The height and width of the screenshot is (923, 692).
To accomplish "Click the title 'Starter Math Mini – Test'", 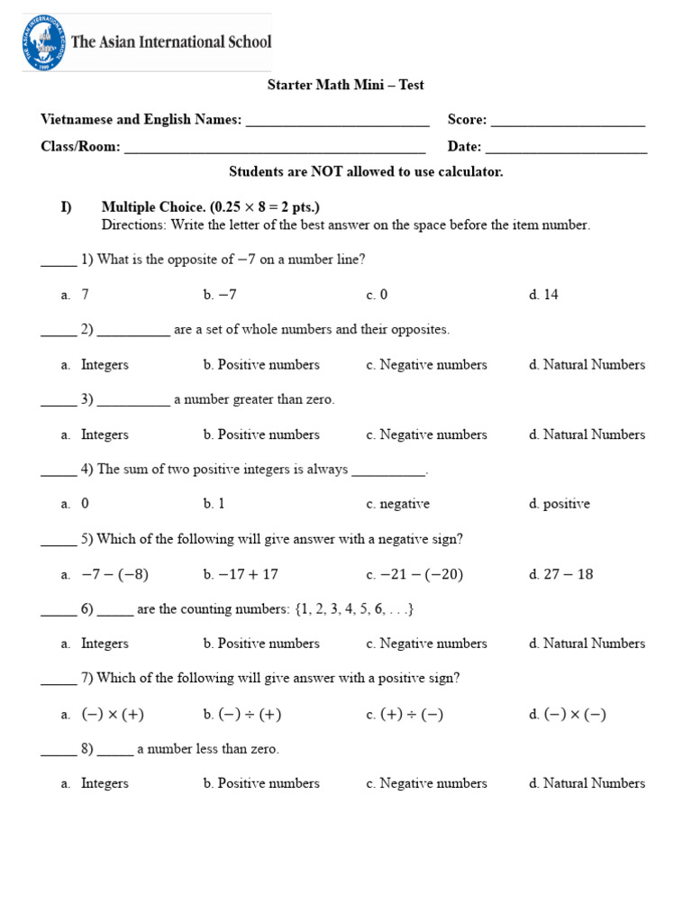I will point(346,85).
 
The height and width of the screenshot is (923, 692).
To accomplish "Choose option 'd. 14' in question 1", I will point(544,295).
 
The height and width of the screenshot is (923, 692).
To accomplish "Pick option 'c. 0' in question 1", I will point(377,295).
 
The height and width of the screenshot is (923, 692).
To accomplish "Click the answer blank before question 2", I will point(59,331).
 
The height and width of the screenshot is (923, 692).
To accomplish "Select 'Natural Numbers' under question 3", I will point(594,434).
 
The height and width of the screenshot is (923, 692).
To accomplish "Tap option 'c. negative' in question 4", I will point(397,504).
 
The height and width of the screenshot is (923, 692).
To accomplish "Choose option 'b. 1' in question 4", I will point(214,504).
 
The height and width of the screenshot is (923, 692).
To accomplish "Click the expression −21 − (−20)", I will point(422,574).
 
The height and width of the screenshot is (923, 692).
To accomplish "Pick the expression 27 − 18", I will point(568,574).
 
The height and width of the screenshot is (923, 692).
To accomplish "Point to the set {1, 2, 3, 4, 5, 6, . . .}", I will point(354,609).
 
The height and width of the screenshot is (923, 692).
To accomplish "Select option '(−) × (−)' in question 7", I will point(575,714).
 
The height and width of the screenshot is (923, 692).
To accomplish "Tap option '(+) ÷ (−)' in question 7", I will point(412,714).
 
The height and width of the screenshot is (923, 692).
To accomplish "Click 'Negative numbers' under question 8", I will point(432,783).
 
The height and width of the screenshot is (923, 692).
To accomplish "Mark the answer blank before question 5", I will point(59,541).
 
